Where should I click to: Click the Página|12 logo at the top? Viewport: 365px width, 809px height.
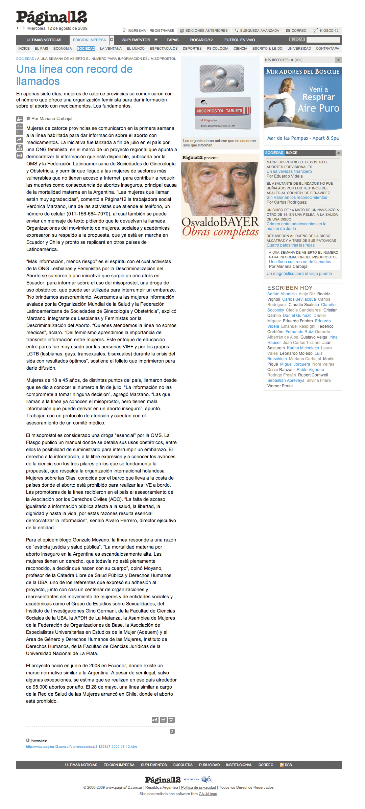pyautogui.click(x=51, y=17)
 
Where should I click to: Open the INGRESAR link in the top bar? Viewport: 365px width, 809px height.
pyautogui.click(x=137, y=30)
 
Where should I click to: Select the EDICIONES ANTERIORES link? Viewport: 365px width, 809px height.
pyautogui.click(x=206, y=30)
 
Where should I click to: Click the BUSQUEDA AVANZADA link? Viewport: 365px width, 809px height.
pyautogui.click(x=259, y=30)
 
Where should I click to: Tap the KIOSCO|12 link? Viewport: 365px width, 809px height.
pyautogui.click(x=329, y=30)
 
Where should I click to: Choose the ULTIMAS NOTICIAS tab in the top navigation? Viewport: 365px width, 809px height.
pyautogui.click(x=44, y=40)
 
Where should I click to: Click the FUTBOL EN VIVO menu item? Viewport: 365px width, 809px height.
pyautogui.click(x=240, y=40)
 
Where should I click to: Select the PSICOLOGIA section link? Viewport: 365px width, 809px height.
pyautogui.click(x=217, y=49)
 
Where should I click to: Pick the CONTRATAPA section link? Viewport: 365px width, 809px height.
pyautogui.click(x=327, y=49)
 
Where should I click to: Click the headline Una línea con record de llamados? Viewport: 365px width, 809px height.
pyautogui.click(x=74, y=75)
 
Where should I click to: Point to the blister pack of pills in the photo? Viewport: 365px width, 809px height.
pyautogui.click(x=221, y=78)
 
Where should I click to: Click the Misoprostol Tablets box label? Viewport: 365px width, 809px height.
pyautogui.click(x=220, y=111)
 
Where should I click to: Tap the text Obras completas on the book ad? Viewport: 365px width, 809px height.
pyautogui.click(x=220, y=232)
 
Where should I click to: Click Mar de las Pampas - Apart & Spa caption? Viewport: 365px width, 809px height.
pyautogui.click(x=303, y=138)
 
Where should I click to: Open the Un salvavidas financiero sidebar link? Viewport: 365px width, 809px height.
pyautogui.click(x=289, y=171)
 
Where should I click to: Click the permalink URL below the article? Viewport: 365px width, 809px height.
pyautogui.click(x=81, y=746)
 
